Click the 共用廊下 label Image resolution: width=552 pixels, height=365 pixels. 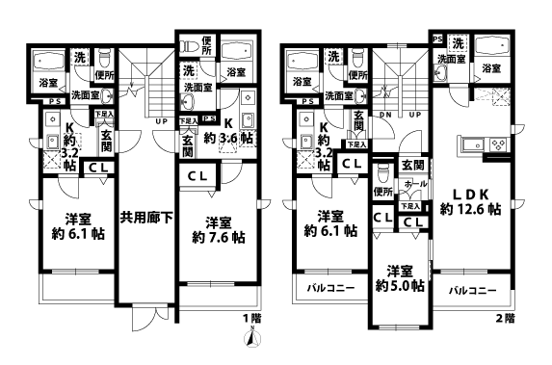pyautogui.click(x=146, y=219)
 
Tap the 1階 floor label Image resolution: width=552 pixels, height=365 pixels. pyautogui.click(x=250, y=318)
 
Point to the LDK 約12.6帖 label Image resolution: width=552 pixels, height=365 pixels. pyautogui.click(x=470, y=199)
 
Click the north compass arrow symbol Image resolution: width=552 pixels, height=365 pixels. pyautogui.click(x=252, y=337)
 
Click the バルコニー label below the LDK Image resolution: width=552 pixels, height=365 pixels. pyautogui.click(x=470, y=290)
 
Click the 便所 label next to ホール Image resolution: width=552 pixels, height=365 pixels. pyautogui.click(x=382, y=193)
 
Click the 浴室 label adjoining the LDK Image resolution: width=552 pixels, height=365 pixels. pyautogui.click(x=491, y=68)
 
